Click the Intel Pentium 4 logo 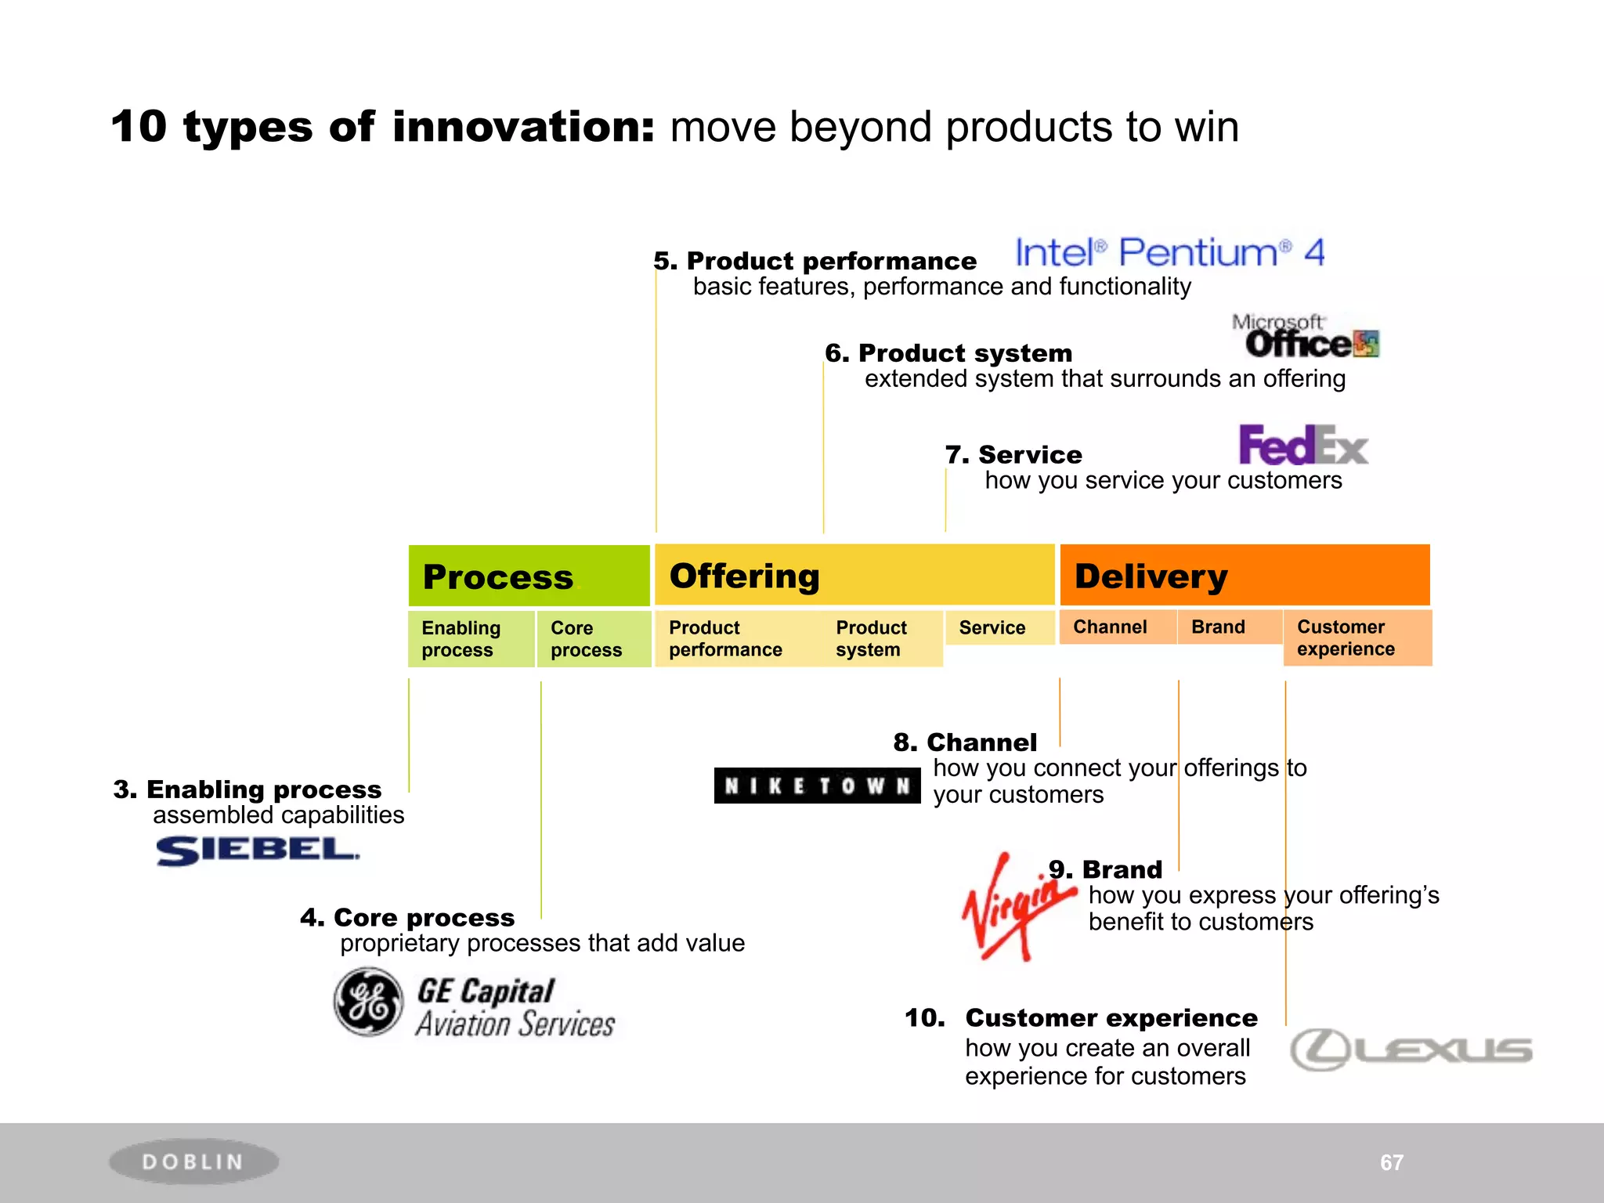pyautogui.click(x=1169, y=253)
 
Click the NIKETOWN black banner pyautogui.click(x=817, y=786)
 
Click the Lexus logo pyautogui.click(x=1411, y=1049)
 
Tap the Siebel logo pyautogui.click(x=257, y=851)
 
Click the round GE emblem pyautogui.click(x=369, y=1002)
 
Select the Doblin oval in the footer pyautogui.click(x=193, y=1161)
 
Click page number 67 pyautogui.click(x=1391, y=1162)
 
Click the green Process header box pyautogui.click(x=529, y=576)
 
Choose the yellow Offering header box pyautogui.click(x=854, y=575)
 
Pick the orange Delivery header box pyautogui.click(x=1244, y=575)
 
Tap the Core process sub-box pyautogui.click(x=594, y=639)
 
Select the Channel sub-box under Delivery pyautogui.click(x=1117, y=627)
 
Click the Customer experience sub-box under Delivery pyautogui.click(x=1357, y=638)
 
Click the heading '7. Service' pyautogui.click(x=1013, y=454)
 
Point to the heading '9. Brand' pyautogui.click(x=1105, y=869)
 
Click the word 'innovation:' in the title pyautogui.click(x=523, y=127)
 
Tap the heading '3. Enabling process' pyautogui.click(x=247, y=789)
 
